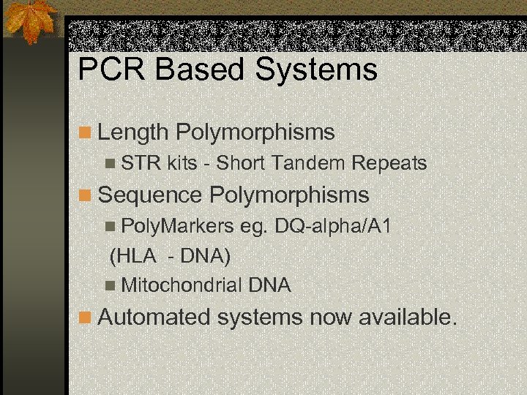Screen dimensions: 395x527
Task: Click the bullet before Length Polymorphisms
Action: pos(86,133)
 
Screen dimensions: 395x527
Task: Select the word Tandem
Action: pos(311,163)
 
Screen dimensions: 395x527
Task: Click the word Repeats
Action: pos(390,163)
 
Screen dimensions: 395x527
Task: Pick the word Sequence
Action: pos(150,195)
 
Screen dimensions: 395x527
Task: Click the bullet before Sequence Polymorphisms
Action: pos(86,195)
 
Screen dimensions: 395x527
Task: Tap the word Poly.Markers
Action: pos(176,226)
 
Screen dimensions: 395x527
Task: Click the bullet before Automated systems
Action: pos(86,317)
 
